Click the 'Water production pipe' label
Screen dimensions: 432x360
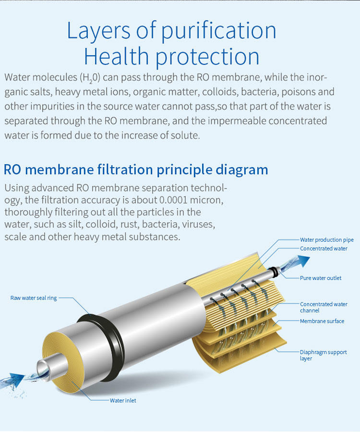[327, 240]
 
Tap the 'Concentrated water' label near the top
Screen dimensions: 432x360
[324, 248]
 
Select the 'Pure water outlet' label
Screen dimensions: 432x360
[321, 278]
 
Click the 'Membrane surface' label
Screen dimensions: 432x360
[322, 321]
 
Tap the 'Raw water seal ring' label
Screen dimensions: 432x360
[34, 298]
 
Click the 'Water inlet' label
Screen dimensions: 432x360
[123, 400]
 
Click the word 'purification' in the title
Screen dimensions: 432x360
[218, 30]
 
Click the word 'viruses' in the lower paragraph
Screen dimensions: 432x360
[198, 224]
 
